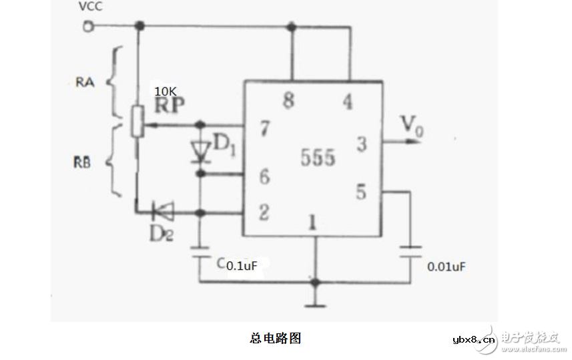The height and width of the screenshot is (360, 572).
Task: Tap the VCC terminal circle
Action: [86, 26]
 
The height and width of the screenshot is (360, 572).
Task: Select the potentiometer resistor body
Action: [138, 121]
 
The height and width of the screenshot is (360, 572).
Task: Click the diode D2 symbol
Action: [162, 213]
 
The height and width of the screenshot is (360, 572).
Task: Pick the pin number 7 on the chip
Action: [264, 129]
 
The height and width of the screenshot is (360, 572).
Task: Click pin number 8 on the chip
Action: [288, 102]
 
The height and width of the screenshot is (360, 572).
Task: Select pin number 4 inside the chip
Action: [348, 102]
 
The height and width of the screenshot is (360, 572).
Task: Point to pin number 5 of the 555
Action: [360, 192]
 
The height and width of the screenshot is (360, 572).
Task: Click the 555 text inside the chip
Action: [318, 158]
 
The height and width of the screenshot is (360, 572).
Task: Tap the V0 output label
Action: [411, 125]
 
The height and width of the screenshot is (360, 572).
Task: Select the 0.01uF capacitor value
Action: [446, 266]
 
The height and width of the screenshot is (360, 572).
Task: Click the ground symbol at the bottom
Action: [315, 305]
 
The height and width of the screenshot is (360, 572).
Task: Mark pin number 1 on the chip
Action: [311, 222]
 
